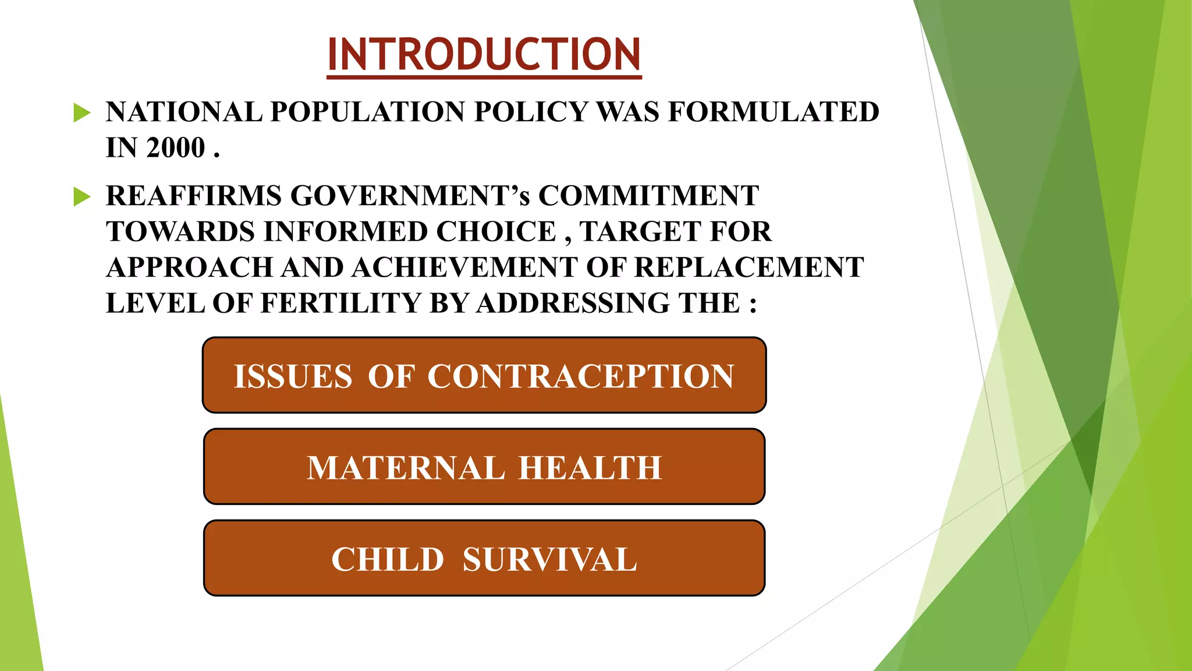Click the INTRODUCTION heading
click(x=484, y=54)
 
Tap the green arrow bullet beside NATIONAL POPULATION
click(x=82, y=112)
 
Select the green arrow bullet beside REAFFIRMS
click(x=82, y=197)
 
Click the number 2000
click(x=176, y=148)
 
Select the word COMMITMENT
click(x=648, y=196)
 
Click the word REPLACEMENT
click(x=748, y=268)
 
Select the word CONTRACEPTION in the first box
click(x=580, y=376)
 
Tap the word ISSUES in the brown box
click(x=293, y=376)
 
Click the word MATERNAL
click(x=406, y=468)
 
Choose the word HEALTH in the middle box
click(x=590, y=468)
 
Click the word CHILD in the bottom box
click(x=388, y=560)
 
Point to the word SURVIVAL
click(x=549, y=560)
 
